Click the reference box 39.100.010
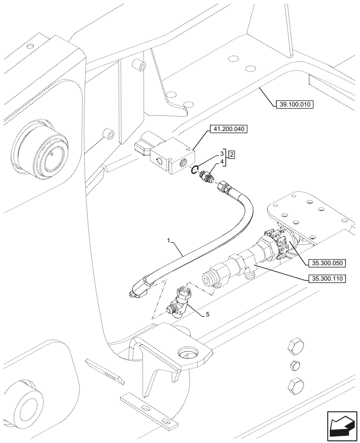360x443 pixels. click(294, 105)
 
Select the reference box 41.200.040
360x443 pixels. click(227, 129)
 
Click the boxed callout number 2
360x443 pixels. click(231, 155)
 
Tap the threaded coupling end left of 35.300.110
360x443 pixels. click(211, 277)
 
